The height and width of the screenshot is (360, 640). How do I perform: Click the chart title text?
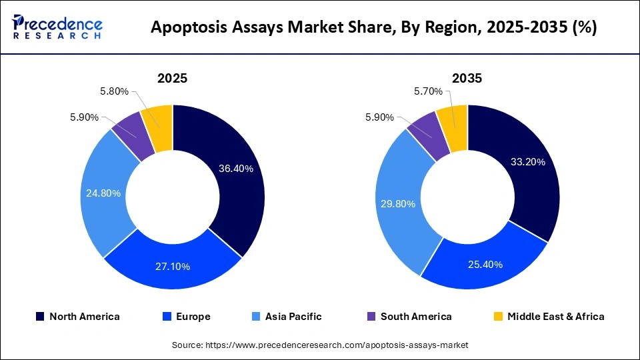tap(374, 27)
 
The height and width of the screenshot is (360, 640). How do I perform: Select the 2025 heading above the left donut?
tap(172, 78)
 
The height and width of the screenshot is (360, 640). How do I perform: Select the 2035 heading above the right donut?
tap(467, 78)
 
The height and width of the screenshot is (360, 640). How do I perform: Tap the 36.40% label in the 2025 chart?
tap(236, 169)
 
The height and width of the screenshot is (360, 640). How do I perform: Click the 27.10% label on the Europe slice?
tap(173, 267)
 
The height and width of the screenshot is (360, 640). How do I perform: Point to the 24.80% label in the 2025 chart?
tap(103, 193)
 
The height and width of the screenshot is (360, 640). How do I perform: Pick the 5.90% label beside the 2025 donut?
tap(84, 117)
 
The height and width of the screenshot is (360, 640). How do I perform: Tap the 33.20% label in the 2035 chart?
tap(528, 161)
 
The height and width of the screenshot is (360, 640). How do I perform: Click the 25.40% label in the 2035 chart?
tap(485, 264)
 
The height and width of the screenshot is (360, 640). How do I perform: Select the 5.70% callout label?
tap(428, 91)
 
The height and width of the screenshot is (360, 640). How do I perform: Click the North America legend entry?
tap(77, 317)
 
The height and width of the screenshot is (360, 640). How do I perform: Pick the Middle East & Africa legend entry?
tap(548, 317)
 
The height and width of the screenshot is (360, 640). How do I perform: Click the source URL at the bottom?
tap(320, 345)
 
